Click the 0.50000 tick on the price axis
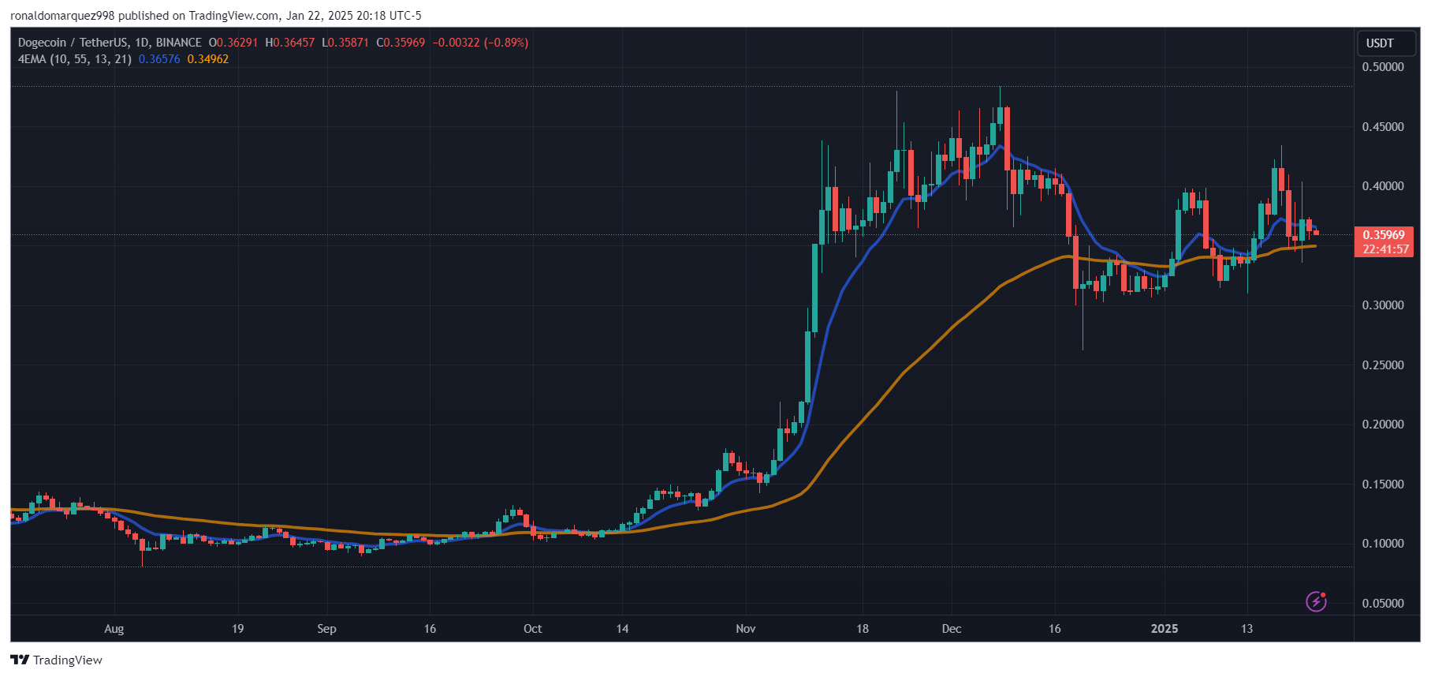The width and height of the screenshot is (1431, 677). coord(1382,67)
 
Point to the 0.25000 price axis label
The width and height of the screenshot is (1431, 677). coord(1382,365)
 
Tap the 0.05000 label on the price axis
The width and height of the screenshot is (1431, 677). coord(1382,604)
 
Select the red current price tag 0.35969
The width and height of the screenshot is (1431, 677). coord(1383,235)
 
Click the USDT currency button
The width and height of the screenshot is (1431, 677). coord(1380,43)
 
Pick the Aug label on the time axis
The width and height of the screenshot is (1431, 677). coord(114,629)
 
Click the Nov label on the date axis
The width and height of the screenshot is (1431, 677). coord(745,629)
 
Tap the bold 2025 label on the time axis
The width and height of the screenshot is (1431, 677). coord(1164,629)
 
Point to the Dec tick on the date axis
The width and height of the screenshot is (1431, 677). coord(951,629)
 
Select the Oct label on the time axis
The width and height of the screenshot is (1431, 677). coord(532,629)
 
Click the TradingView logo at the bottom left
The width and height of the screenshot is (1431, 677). coord(57,660)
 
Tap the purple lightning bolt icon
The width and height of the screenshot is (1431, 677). coord(1316,601)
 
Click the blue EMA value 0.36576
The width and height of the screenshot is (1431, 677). coord(159,59)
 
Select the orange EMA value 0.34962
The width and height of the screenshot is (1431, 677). coord(208,59)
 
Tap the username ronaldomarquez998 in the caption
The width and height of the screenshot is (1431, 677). coord(62,16)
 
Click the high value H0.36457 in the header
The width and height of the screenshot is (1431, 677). coord(290,43)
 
